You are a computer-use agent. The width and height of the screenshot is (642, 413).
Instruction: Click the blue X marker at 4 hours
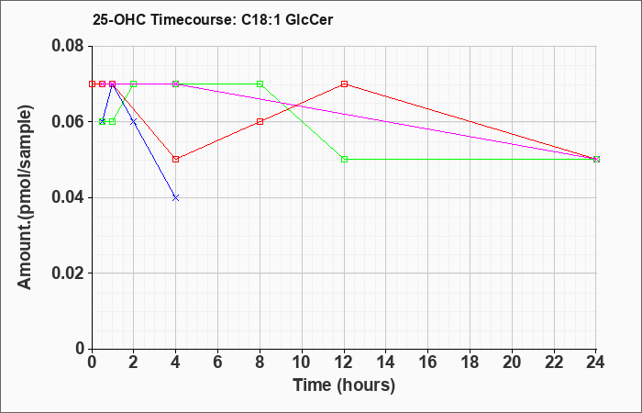click(176, 197)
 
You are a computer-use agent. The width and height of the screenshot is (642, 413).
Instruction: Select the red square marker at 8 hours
click(260, 122)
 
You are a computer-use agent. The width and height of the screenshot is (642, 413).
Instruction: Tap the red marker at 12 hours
click(344, 84)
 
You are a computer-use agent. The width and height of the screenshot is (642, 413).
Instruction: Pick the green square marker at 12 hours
click(344, 160)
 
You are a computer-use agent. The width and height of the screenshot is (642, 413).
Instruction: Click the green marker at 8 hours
click(260, 84)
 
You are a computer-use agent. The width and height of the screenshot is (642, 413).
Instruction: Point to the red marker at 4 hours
click(176, 160)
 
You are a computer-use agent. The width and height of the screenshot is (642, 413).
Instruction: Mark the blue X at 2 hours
click(134, 122)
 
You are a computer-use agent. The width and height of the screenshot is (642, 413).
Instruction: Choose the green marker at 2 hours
click(134, 84)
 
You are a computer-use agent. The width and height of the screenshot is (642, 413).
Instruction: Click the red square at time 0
click(92, 84)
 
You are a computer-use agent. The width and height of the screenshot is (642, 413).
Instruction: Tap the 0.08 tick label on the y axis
click(68, 46)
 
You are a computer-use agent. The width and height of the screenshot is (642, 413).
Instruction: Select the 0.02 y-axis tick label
click(68, 273)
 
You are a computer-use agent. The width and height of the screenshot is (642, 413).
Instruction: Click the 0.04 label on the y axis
click(68, 197)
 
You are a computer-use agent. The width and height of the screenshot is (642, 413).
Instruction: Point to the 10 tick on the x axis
click(302, 363)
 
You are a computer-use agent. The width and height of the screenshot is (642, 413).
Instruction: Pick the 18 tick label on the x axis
click(470, 363)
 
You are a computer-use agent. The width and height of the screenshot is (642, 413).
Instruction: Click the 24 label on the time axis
click(596, 363)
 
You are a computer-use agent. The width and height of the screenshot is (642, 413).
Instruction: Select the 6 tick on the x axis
click(218, 363)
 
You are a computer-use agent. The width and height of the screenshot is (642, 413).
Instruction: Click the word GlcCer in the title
click(309, 19)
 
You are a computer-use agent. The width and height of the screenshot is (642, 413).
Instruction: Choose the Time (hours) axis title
click(344, 385)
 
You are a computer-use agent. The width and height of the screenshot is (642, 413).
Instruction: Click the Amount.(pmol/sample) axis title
click(26, 197)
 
